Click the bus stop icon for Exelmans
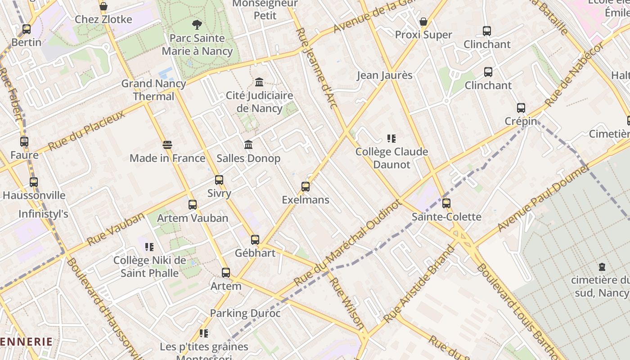click(x=306, y=186)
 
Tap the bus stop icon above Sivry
click(x=219, y=180)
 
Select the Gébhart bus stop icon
click(x=255, y=240)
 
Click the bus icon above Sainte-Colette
click(x=446, y=203)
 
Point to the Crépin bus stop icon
click(x=521, y=108)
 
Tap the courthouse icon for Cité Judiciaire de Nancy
click(x=259, y=82)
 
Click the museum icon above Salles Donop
click(x=248, y=145)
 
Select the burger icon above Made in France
click(x=167, y=145)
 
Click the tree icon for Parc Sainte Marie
click(x=197, y=25)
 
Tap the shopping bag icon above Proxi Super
click(x=423, y=22)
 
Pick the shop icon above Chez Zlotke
click(x=103, y=6)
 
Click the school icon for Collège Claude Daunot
click(x=391, y=139)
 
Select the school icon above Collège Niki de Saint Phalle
click(x=149, y=247)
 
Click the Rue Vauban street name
click(x=116, y=229)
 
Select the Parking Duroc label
click(x=245, y=313)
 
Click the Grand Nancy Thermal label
click(x=153, y=90)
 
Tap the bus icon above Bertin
click(x=27, y=29)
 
